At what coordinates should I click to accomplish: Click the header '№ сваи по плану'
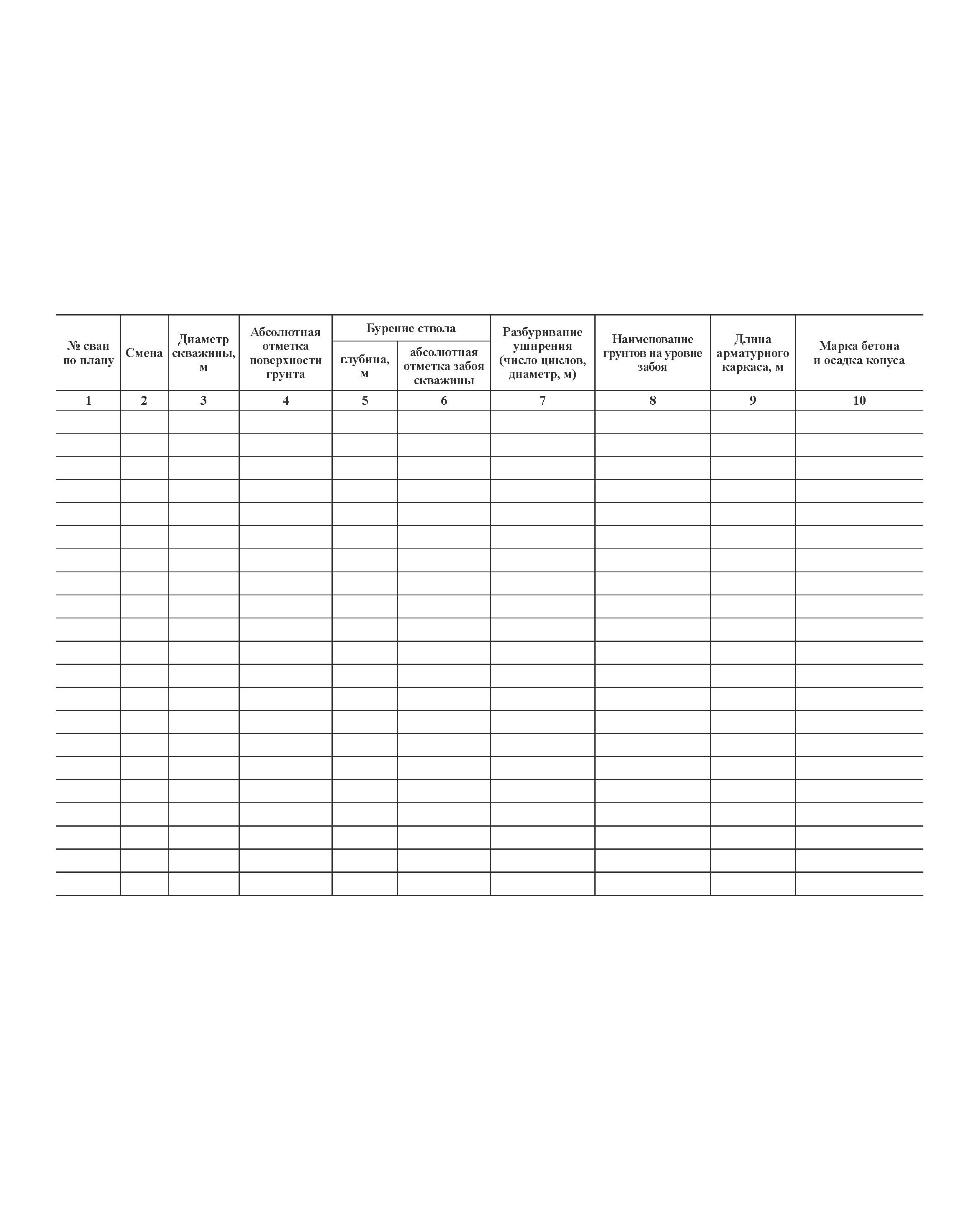point(88,353)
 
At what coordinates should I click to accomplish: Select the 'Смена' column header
point(144,353)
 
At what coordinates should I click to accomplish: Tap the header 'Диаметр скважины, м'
point(203,353)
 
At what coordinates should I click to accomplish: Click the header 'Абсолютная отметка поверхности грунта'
point(285,353)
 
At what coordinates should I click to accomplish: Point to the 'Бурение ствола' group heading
point(411,328)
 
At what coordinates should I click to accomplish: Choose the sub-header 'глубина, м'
point(364,366)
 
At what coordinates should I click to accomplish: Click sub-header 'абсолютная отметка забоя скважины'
point(443,366)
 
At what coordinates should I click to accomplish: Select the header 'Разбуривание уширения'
point(542,353)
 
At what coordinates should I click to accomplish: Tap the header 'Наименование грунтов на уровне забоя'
point(652,353)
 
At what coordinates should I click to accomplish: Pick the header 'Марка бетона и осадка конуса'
point(858,353)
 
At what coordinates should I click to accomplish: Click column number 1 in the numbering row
point(88,400)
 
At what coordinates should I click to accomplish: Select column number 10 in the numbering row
point(858,400)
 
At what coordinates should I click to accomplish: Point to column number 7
point(542,400)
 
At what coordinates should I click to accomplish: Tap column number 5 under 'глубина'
point(364,400)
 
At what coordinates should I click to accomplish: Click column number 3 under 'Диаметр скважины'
point(203,400)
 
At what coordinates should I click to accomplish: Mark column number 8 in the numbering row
point(652,400)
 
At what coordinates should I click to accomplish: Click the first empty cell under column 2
point(144,421)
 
